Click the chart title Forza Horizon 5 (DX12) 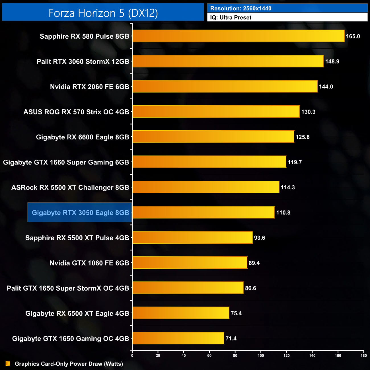(x=103, y=13)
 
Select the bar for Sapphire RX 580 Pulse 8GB (x=238, y=36)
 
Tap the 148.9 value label (x=332, y=61)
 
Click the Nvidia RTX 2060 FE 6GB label (x=89, y=87)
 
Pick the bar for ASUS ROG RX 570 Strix (x=216, y=112)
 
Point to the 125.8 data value (x=302, y=137)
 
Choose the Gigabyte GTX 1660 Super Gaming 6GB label (x=66, y=162)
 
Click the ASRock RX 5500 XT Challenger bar (x=206, y=187)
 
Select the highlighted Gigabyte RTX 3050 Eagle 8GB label (x=80, y=213)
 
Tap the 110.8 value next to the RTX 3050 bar (x=283, y=213)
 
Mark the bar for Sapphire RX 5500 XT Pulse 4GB (x=192, y=238)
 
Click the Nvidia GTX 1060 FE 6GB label (x=89, y=263)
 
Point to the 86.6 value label (x=250, y=288)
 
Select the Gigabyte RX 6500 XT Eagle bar (x=181, y=313)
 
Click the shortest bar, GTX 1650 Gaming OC (x=178, y=338)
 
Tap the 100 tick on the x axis (x=261, y=355)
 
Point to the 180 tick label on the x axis (x=363, y=355)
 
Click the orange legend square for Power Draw (x=8, y=364)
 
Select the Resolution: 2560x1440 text (x=241, y=9)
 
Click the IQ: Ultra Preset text (x=231, y=18)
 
